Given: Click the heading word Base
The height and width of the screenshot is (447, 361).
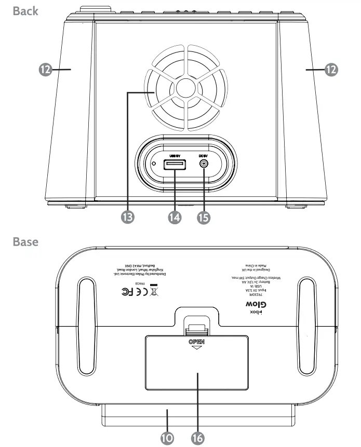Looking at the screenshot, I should pyautogui.click(x=26, y=241).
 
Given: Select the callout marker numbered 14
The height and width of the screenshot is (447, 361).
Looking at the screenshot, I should pyautogui.click(x=176, y=216).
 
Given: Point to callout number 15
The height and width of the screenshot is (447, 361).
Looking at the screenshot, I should pyautogui.click(x=203, y=216).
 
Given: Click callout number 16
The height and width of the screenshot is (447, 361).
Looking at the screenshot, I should pyautogui.click(x=197, y=438).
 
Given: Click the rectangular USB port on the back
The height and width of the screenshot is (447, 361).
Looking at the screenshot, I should pyautogui.click(x=174, y=165).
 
